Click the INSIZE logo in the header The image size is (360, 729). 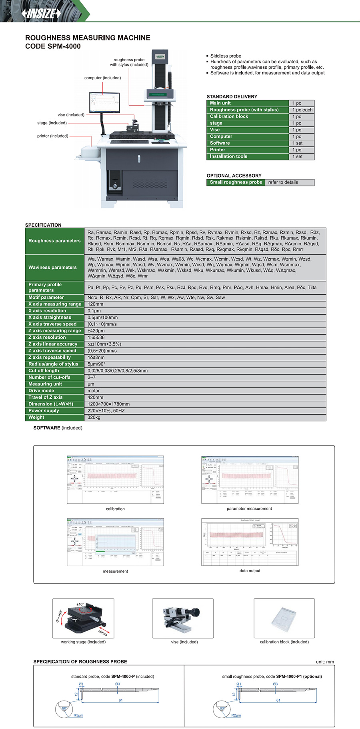coord(42,14)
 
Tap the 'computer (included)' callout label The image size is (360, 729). coord(102,78)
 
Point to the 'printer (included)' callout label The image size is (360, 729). coord(52,136)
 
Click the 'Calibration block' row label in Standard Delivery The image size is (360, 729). coord(229,116)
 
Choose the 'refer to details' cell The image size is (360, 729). coord(283,182)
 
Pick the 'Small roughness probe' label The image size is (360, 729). coord(236,182)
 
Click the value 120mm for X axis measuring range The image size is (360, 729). coord(96,304)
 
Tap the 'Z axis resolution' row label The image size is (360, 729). coord(47,338)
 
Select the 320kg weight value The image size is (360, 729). coord(94,417)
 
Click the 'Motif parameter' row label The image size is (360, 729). coord(46,298)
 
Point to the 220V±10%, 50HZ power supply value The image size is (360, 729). coord(106,411)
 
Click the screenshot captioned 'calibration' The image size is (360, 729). coord(115,479)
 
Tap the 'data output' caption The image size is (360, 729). coord(250,571)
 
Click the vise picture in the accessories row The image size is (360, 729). coord(182,618)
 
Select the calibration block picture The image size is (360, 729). coord(284,618)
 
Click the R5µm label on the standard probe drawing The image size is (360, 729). coord(78,715)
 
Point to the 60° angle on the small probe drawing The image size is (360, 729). coord(222,708)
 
